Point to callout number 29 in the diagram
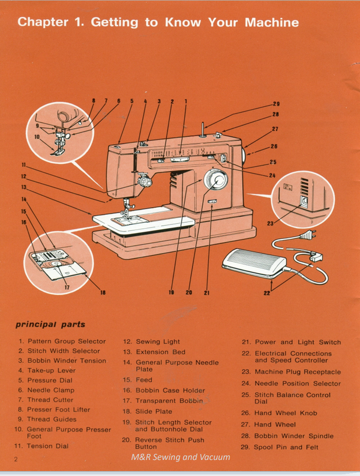(276, 104)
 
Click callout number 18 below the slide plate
(103, 293)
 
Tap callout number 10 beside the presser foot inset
(37, 137)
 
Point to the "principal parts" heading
(50, 325)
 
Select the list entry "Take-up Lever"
(51, 370)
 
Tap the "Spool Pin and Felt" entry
(286, 447)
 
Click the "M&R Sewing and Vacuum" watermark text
(181, 457)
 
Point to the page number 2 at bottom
(17, 459)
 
